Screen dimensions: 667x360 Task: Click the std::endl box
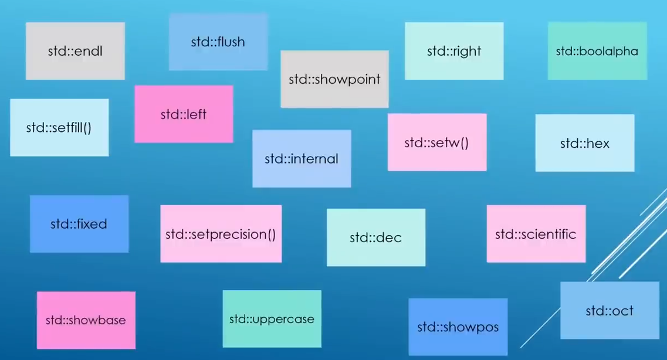coord(75,51)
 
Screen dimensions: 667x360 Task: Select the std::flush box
coord(218,42)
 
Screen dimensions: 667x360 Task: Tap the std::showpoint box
coord(334,79)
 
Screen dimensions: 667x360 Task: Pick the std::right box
coord(454,51)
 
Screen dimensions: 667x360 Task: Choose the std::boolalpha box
coord(597,51)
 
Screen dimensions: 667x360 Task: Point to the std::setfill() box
coord(59,127)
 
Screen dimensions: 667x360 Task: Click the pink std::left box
coord(184,114)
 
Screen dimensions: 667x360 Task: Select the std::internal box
coord(302,158)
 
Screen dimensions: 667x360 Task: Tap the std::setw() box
coord(437,142)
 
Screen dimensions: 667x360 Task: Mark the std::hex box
coord(585,143)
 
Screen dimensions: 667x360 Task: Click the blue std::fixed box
coord(79,224)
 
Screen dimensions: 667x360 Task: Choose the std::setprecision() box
coord(221,234)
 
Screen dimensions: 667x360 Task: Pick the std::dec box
coord(376,237)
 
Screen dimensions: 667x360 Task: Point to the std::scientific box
coord(536,234)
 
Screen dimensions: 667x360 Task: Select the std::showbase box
coord(86,320)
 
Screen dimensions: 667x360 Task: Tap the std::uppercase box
coord(272,319)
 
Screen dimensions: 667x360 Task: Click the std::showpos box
coord(458,327)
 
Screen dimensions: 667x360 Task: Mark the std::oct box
coord(610,311)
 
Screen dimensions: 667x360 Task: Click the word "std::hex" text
coord(585,143)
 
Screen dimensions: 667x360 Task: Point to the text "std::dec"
coord(376,237)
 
